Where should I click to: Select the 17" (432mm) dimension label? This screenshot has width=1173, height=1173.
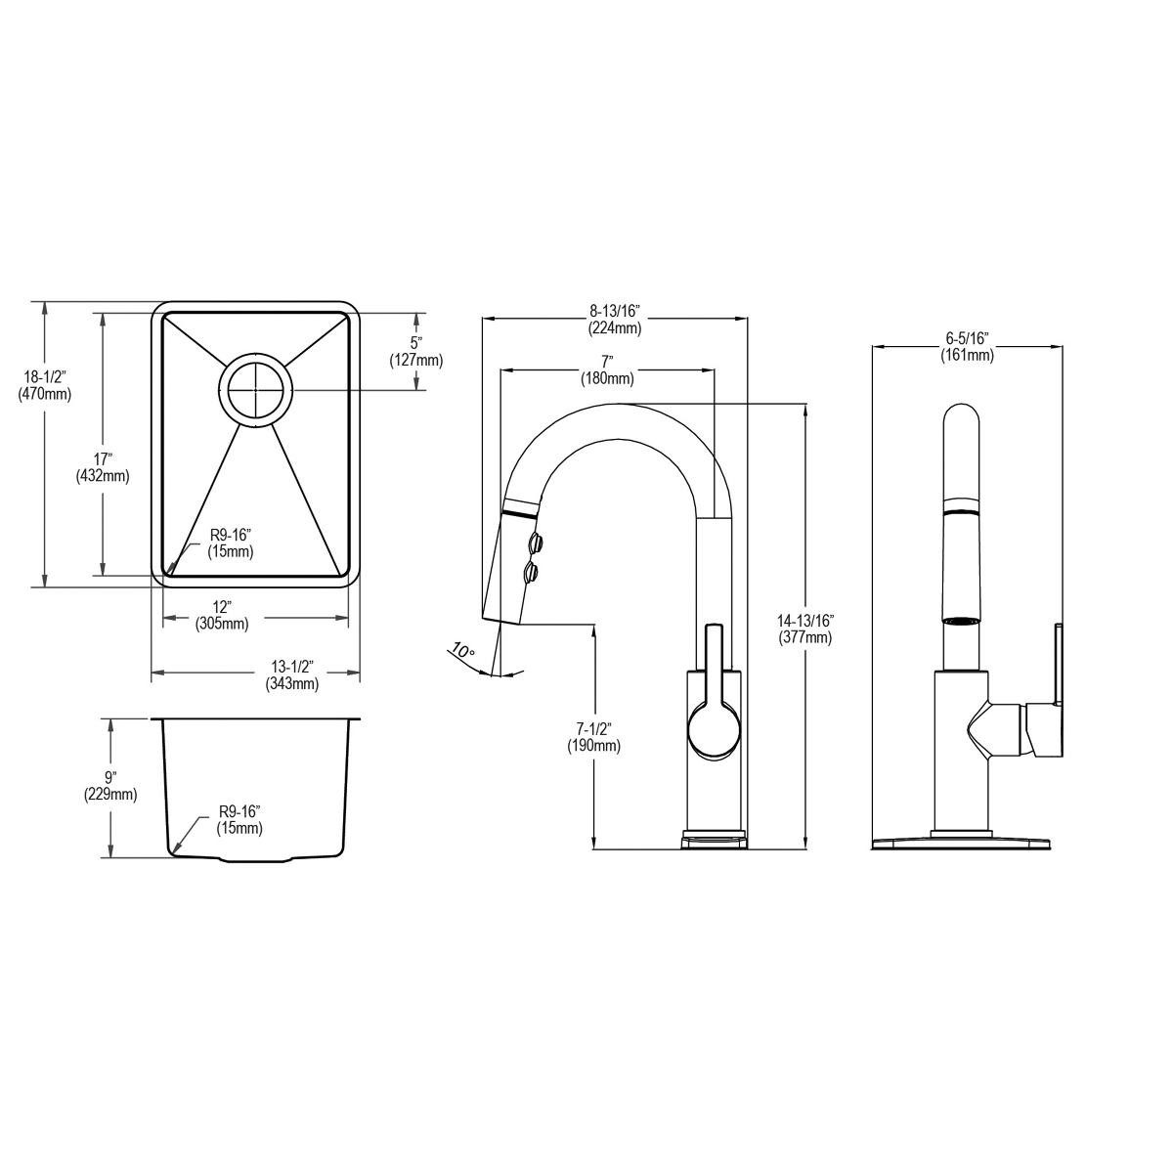point(102,466)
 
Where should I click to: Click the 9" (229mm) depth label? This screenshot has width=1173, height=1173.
point(109,786)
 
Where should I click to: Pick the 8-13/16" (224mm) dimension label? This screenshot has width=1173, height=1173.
point(614,320)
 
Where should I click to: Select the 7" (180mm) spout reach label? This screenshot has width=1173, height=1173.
point(606,370)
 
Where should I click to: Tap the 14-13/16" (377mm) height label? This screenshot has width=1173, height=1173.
point(804,629)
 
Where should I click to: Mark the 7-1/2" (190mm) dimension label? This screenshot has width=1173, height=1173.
point(593,737)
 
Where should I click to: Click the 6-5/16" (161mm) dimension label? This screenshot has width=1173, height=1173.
point(967,346)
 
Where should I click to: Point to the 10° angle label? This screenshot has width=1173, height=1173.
point(462,651)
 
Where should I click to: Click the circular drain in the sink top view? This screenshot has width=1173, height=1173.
point(254,389)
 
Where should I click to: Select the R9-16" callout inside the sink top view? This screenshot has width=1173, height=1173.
point(230,543)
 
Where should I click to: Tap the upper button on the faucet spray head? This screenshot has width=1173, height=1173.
point(534,541)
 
